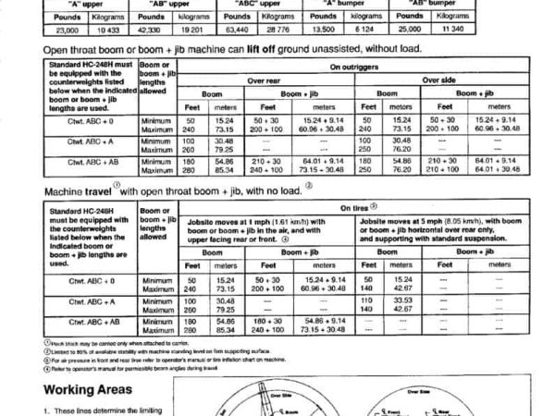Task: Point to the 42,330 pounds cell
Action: (125, 30)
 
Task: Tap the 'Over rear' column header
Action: (264, 80)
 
